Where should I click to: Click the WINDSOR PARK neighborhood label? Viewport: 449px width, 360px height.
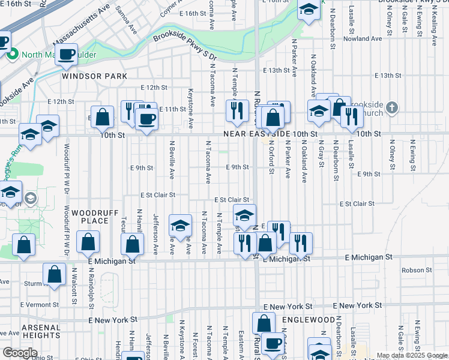94,76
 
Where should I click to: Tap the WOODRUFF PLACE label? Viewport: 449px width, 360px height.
91,217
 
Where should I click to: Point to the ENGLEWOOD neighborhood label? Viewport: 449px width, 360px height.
309,320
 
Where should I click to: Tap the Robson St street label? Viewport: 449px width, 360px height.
413,270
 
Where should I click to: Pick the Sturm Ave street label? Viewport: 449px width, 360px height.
35,282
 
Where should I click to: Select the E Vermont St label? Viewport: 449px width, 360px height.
40,304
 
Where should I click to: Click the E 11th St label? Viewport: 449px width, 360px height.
173,109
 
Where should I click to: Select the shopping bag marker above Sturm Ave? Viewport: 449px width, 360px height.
55,274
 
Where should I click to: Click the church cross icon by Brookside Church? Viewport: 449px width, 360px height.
391,108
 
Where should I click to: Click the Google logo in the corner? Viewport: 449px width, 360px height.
20,352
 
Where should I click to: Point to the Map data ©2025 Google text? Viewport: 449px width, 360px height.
411,355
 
